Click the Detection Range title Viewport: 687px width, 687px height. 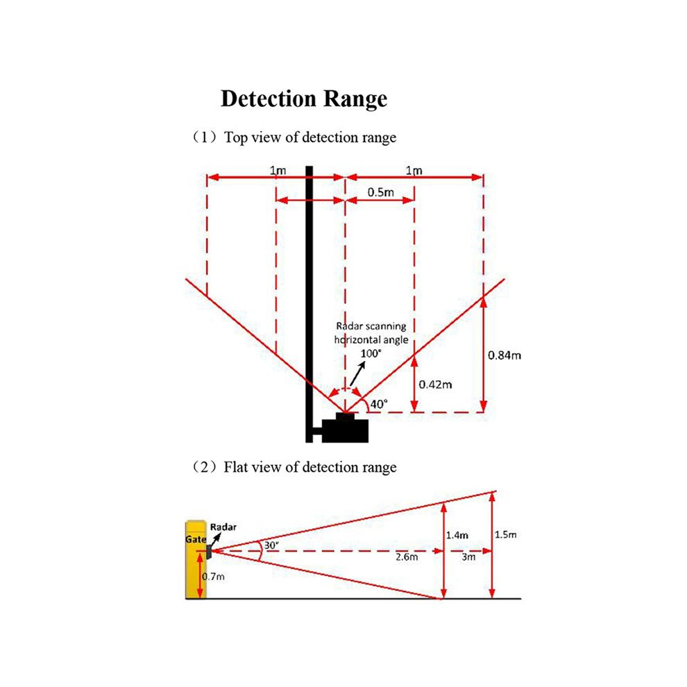(x=304, y=99)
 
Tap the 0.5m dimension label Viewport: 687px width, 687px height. (x=380, y=192)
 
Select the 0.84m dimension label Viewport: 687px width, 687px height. (x=504, y=355)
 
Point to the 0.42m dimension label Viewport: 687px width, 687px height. (x=435, y=384)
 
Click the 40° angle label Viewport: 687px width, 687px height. (x=379, y=404)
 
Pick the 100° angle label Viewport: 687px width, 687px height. (x=371, y=354)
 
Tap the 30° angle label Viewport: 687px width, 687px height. (x=271, y=545)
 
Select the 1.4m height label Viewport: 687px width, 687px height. (x=457, y=535)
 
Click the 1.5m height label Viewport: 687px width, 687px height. (x=506, y=534)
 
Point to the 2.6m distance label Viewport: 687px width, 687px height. (x=407, y=557)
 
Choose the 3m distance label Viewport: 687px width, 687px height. (x=468, y=557)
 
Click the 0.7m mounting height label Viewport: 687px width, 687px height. (x=213, y=577)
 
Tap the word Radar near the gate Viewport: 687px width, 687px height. (x=223, y=527)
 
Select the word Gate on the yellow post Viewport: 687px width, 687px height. (x=196, y=539)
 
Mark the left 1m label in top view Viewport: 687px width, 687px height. (x=278, y=171)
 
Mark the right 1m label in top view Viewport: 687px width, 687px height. (x=414, y=171)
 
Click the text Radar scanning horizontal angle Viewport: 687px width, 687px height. (x=371, y=333)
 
